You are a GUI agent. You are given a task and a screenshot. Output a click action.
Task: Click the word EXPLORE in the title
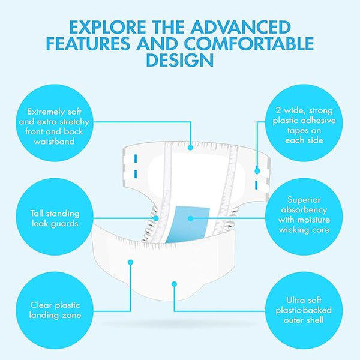[107, 27]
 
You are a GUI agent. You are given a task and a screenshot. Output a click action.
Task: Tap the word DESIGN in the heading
[180, 60]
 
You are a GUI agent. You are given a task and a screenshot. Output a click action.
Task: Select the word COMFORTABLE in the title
[249, 44]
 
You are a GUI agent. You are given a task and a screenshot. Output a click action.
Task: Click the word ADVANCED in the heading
[241, 27]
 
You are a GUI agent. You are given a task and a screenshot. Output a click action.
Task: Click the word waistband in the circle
[54, 141]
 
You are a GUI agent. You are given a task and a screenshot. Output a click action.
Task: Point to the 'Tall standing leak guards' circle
[55, 217]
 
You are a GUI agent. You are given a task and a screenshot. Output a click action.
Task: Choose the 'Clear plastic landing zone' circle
[55, 310]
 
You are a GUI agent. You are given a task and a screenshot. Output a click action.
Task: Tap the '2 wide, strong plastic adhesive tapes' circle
[304, 123]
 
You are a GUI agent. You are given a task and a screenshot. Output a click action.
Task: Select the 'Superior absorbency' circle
[304, 217]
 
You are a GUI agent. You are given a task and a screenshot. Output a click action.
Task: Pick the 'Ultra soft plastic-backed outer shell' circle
[304, 310]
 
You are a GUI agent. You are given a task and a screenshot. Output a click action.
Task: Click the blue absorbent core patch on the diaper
[188, 224]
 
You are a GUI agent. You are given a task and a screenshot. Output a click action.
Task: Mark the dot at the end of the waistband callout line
[190, 148]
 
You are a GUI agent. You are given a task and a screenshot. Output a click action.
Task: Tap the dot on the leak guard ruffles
[156, 218]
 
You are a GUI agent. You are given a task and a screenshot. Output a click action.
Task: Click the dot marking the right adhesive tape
[257, 171]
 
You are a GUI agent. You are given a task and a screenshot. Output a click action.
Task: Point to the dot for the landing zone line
[131, 262]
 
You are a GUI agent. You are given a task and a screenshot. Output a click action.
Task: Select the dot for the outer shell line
[174, 284]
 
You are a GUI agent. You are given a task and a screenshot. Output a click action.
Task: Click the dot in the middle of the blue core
[190, 218]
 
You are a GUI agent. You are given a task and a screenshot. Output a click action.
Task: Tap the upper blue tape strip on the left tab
[136, 158]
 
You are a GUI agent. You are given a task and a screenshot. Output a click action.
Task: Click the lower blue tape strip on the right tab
[256, 185]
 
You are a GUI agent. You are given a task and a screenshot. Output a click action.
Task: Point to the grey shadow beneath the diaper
[179, 324]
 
